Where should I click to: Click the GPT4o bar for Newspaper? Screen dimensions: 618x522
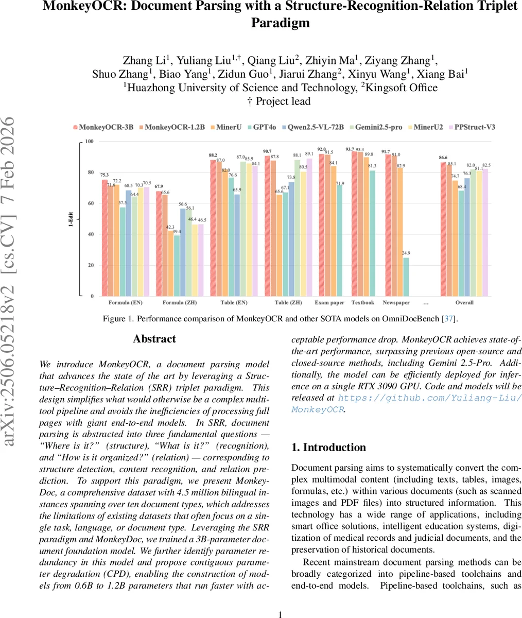(x=406, y=277)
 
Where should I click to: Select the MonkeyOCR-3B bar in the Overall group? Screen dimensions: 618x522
(x=443, y=229)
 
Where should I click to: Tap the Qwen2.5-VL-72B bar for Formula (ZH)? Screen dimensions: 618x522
(x=183, y=252)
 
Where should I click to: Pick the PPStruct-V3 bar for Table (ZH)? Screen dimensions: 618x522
(x=309, y=227)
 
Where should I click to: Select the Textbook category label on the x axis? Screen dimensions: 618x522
(x=362, y=303)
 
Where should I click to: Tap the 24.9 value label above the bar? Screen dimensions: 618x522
(x=406, y=253)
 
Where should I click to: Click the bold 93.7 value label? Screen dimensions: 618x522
(x=350, y=149)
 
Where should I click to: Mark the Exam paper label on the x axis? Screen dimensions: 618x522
(x=329, y=303)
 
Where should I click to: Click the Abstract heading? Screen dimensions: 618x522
(x=154, y=339)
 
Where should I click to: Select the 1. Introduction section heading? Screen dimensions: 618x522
(x=328, y=447)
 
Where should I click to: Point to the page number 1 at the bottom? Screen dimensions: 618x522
(x=281, y=614)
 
